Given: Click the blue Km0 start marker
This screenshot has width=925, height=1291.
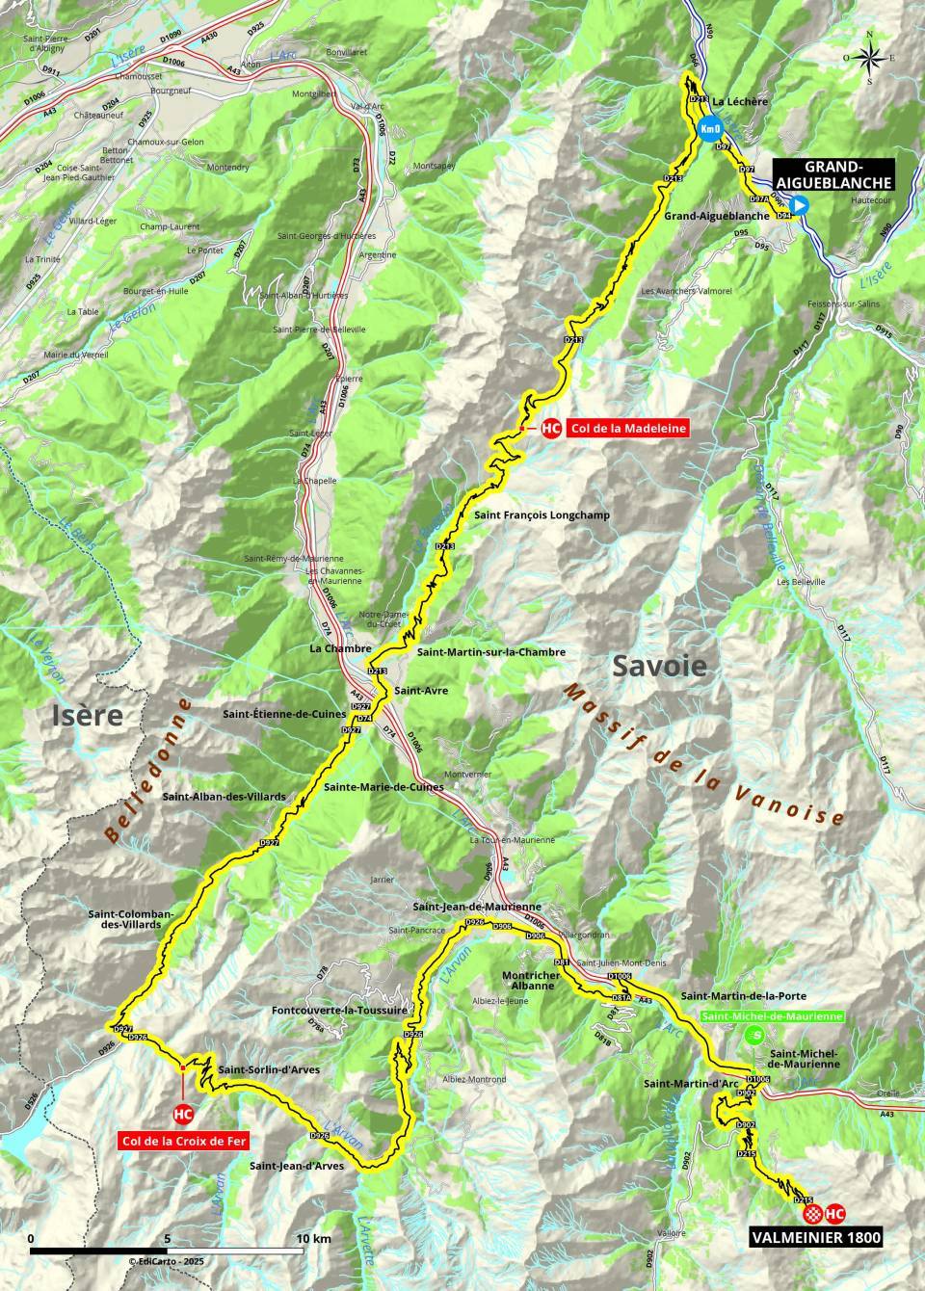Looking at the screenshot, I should click(709, 129).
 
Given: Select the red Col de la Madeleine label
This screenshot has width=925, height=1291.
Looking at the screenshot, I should click(628, 429).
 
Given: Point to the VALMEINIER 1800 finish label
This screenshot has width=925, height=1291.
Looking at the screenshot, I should click(816, 1238).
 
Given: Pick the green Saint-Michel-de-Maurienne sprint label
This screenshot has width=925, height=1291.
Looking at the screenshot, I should click(773, 1015).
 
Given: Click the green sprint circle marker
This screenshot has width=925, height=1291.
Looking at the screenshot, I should click(757, 1036).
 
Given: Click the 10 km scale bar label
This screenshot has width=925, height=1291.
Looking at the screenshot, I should click(315, 1238).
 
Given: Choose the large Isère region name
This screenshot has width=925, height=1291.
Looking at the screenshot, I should click(88, 715).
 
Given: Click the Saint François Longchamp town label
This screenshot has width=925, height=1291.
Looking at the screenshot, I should click(542, 515).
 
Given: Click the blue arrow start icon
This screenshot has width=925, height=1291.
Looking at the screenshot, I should click(800, 205).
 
